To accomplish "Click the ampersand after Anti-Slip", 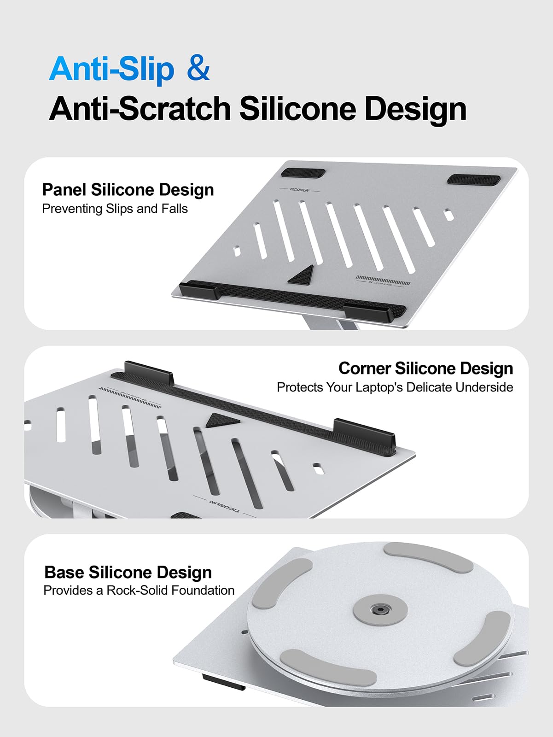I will point(198,69).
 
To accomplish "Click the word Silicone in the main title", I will point(298,109).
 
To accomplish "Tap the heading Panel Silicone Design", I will point(128,190).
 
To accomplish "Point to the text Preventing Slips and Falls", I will point(115,209).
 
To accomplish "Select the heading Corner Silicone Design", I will point(425,368).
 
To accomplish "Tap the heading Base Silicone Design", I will point(128,572).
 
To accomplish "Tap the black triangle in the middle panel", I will point(221,420).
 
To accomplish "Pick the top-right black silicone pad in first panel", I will point(473,180).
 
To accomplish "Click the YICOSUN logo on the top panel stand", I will point(299,189).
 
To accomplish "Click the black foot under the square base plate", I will point(223,682).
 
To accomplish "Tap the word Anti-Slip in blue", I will point(111,69).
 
